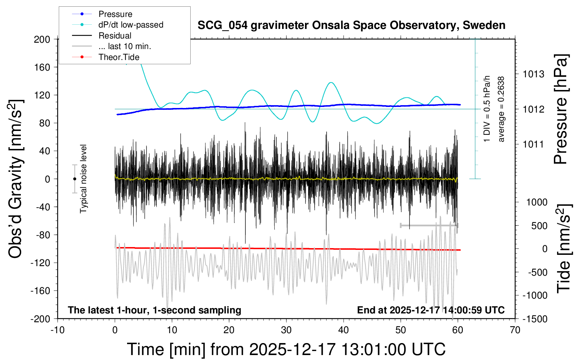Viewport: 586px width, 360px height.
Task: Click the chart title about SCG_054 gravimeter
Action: [351, 25]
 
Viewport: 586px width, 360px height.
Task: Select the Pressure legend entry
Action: [115, 14]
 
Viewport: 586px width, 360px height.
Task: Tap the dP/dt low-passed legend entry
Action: [131, 25]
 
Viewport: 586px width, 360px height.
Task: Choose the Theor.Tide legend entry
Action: [119, 57]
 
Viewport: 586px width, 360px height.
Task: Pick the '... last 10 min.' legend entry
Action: [125, 46]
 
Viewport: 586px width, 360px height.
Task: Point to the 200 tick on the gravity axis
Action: [42, 39]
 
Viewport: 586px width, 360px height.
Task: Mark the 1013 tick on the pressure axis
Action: [533, 74]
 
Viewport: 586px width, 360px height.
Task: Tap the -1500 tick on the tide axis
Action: [535, 319]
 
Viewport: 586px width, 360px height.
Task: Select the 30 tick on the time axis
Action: [286, 330]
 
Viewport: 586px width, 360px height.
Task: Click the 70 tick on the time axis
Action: [515, 330]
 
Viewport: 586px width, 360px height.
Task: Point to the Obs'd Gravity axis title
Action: [16, 179]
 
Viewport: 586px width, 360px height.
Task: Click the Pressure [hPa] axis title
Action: [561, 109]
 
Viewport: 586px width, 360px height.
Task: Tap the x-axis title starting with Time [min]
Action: [286, 349]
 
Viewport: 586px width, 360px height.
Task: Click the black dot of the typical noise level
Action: [74, 179]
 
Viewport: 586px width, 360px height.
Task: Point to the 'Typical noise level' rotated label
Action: [83, 179]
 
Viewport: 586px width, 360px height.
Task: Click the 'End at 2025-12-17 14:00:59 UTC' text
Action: [431, 310]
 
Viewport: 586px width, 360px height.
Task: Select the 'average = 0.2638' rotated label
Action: [501, 109]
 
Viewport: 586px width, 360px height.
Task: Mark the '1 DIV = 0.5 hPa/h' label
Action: [487, 109]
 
